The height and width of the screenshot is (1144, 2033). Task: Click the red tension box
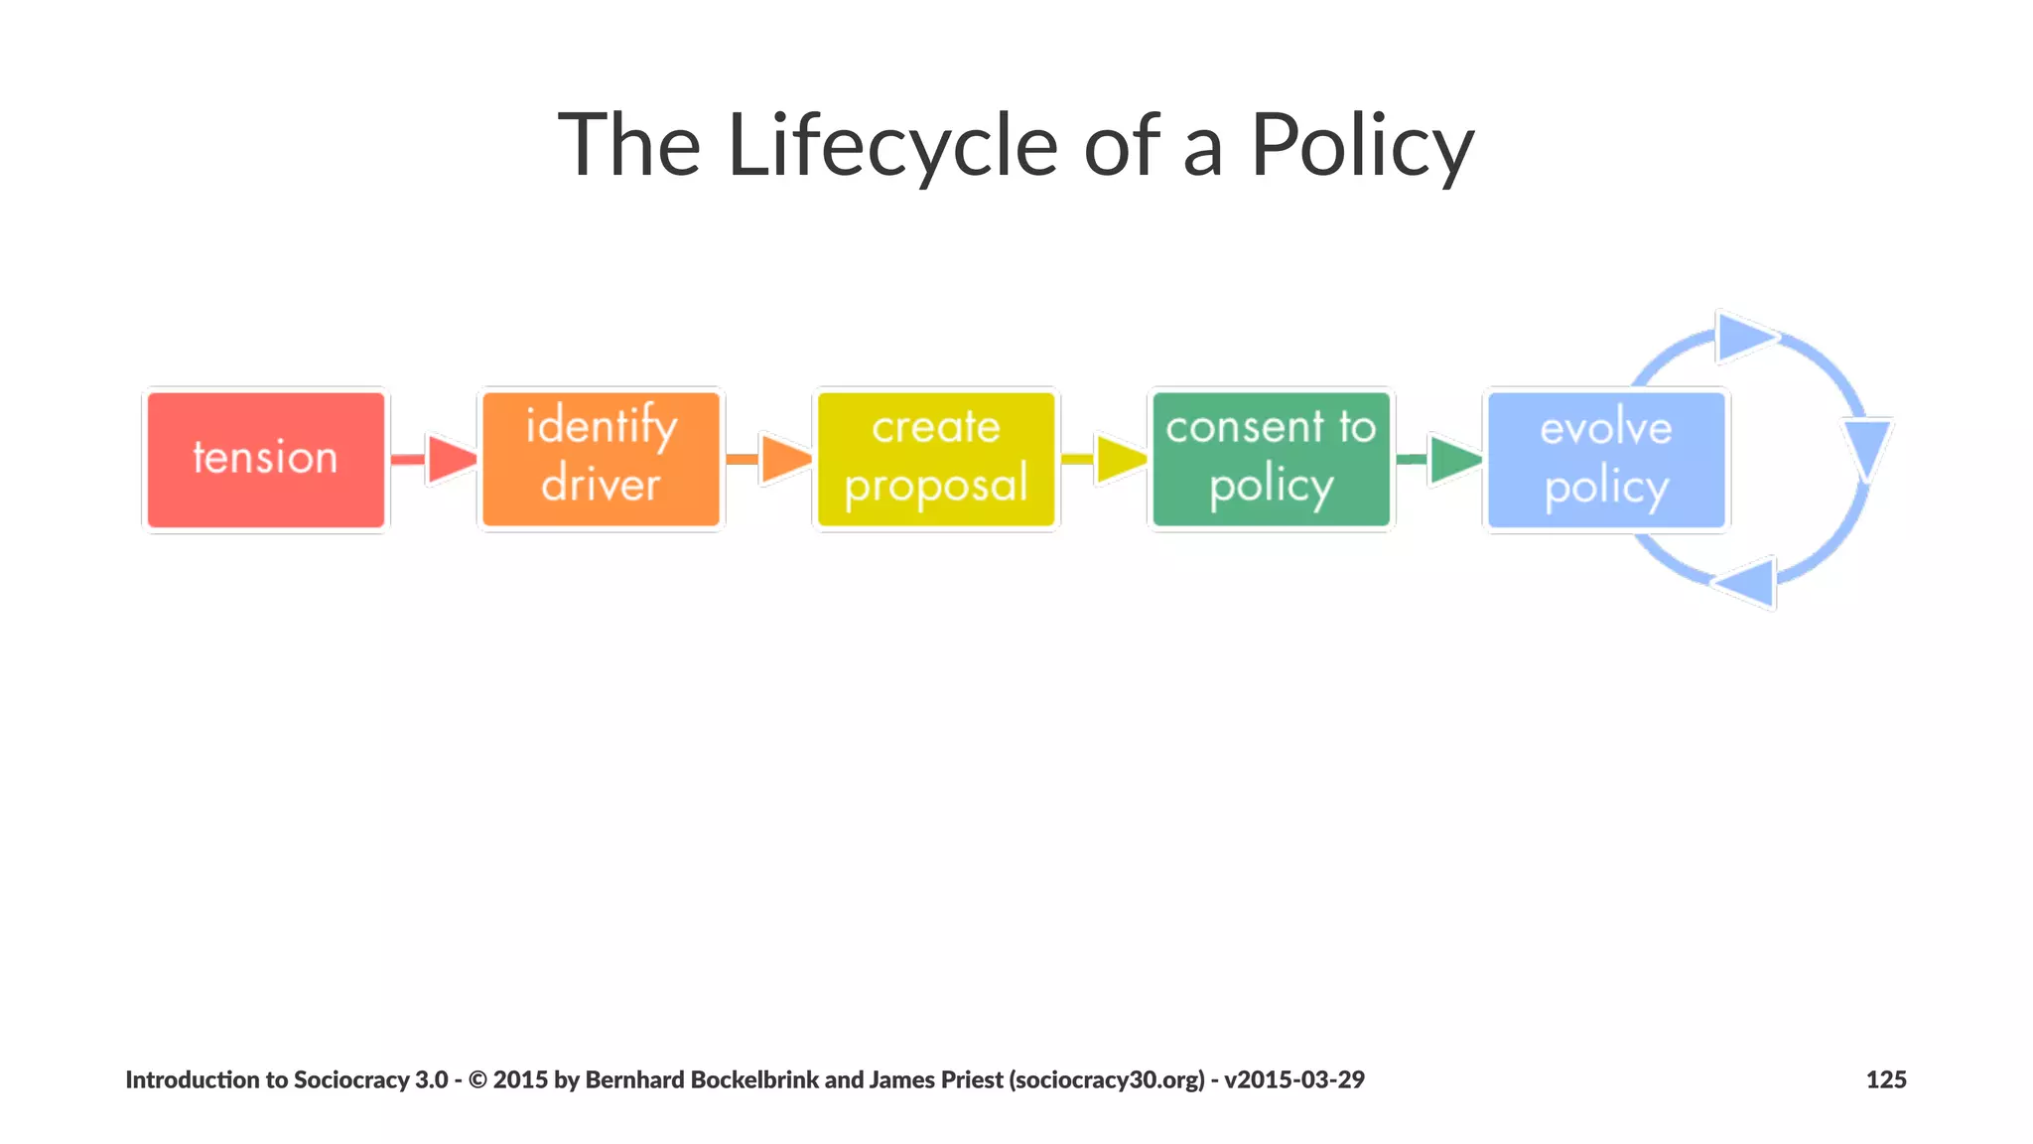click(265, 460)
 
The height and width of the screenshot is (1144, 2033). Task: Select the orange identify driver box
click(601, 460)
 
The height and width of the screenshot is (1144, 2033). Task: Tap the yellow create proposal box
click(936, 460)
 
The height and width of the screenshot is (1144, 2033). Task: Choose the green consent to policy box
click(1271, 460)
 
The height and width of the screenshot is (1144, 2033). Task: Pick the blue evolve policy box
click(1605, 460)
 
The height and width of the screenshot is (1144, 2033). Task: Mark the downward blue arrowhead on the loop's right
click(1868, 447)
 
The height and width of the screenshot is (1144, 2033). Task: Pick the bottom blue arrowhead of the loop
click(1749, 582)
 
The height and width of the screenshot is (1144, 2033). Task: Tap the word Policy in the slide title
click(1361, 146)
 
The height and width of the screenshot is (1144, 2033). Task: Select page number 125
click(1885, 1079)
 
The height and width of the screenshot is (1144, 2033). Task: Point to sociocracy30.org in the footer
click(1107, 1079)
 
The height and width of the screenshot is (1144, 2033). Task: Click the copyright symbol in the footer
click(477, 1079)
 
